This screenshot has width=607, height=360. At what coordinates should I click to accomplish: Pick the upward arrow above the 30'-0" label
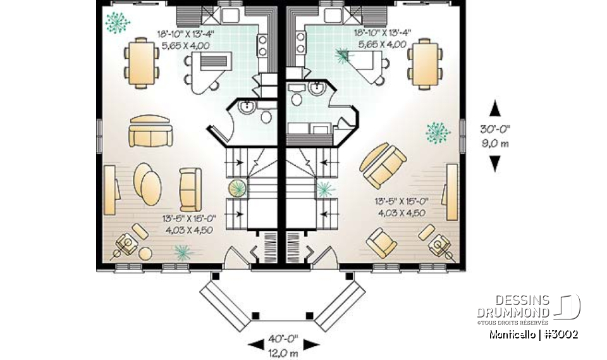click(x=495, y=109)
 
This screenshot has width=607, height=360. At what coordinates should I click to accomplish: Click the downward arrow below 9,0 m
click(x=495, y=164)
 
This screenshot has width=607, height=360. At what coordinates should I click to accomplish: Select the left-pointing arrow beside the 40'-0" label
click(x=254, y=344)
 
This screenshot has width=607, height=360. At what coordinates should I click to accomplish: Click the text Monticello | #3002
click(x=533, y=334)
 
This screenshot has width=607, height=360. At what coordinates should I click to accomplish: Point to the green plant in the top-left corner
click(x=117, y=23)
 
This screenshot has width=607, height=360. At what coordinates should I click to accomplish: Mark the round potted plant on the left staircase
click(x=238, y=189)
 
